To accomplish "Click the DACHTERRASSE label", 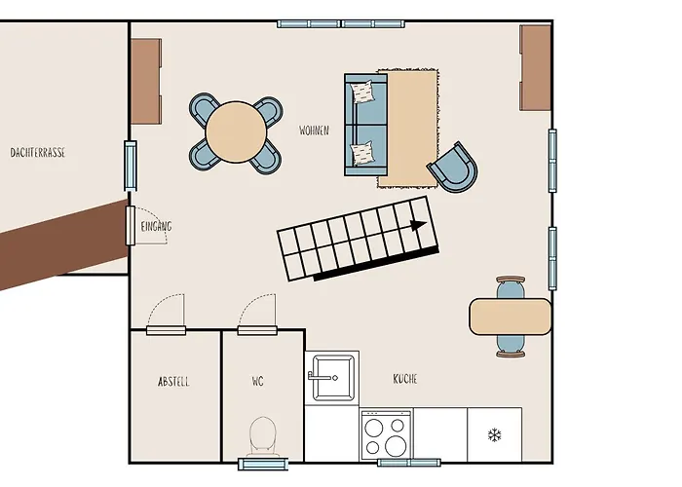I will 38,153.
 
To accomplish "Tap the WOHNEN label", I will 314,130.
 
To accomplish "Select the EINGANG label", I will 156,226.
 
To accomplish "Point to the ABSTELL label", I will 173,381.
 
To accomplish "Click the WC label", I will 258,381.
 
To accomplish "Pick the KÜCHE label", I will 405,378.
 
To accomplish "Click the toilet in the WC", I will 263,434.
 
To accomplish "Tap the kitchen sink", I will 331,376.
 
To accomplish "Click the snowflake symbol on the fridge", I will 494,433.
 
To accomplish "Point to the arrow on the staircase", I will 417,225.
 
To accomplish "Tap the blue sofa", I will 364,125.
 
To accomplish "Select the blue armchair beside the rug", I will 453,167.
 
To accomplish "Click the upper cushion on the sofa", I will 363,93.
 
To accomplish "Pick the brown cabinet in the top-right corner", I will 535,68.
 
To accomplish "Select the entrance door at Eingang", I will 131,225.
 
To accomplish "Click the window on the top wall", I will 341,23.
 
